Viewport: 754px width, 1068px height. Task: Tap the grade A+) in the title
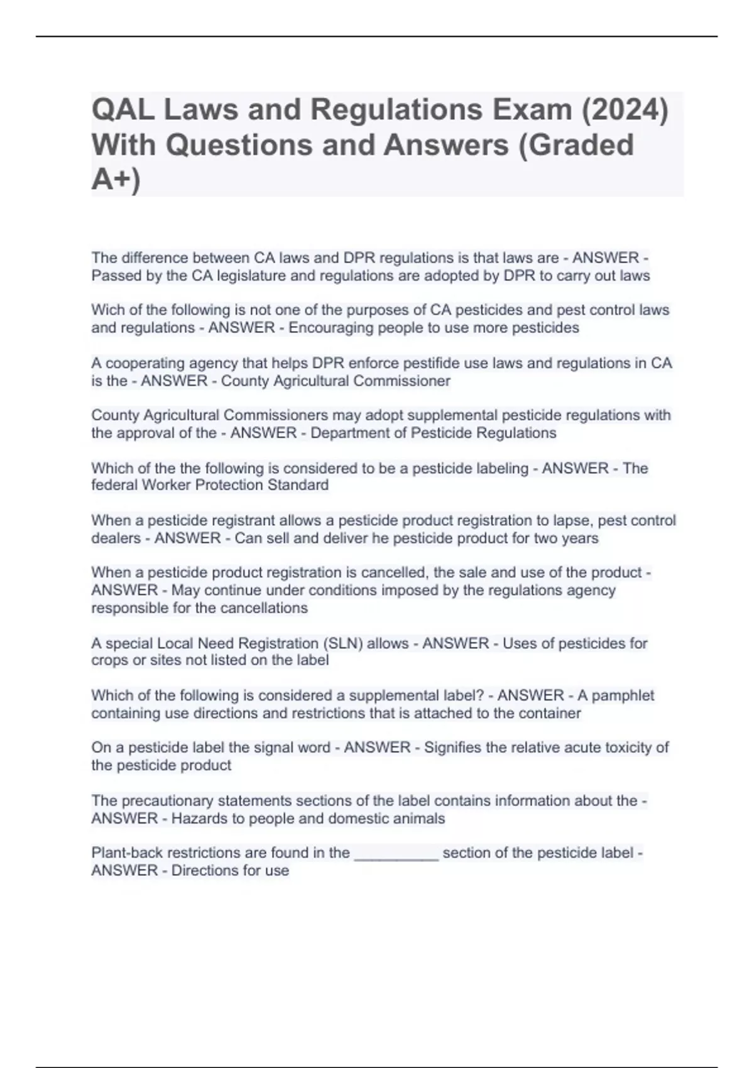[x=116, y=180]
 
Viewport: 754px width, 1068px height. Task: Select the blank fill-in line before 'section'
[x=396, y=853]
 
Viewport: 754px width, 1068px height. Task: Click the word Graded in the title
[x=587, y=145]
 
